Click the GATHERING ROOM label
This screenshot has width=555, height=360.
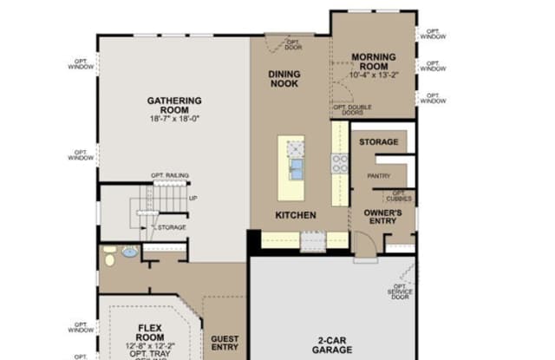click(173, 105)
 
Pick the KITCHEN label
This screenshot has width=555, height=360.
click(295, 214)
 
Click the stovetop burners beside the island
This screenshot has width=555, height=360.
click(340, 161)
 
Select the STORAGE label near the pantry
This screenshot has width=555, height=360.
click(378, 141)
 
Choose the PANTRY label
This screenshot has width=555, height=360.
click(378, 176)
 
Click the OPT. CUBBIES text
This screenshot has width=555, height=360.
click(398, 196)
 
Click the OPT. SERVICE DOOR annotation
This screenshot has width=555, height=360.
click(400, 291)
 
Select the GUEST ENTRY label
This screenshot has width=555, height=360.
click(224, 343)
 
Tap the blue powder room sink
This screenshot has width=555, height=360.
click(129, 253)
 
